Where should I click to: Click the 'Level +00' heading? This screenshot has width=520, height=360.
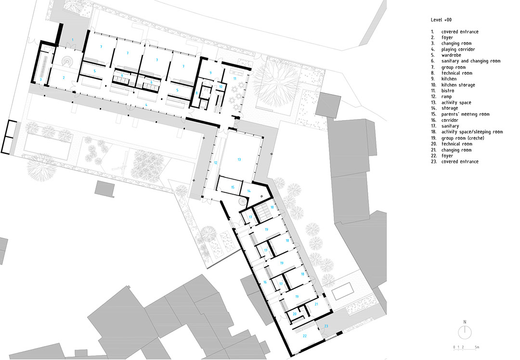click(x=441, y=20)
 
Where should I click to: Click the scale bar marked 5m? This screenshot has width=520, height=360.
click(x=466, y=347)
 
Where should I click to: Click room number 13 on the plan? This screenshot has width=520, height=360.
click(x=239, y=160)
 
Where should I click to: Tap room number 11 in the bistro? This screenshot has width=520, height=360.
click(x=235, y=79)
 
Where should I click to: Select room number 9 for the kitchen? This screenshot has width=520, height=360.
click(x=210, y=73)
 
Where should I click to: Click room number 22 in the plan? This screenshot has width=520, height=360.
click(x=304, y=336)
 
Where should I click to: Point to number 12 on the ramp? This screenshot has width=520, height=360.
click(x=216, y=163)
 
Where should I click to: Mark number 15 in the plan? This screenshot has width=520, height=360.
click(x=233, y=187)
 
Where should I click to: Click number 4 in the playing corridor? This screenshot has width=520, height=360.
click(x=146, y=105)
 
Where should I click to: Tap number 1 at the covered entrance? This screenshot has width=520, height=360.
click(x=73, y=40)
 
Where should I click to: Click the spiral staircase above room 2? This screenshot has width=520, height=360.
click(x=68, y=62)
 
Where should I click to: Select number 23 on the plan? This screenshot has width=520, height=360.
click(x=326, y=326)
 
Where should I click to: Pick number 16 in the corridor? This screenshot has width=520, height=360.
click(x=265, y=282)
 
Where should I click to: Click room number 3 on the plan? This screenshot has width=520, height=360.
click(x=41, y=80)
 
